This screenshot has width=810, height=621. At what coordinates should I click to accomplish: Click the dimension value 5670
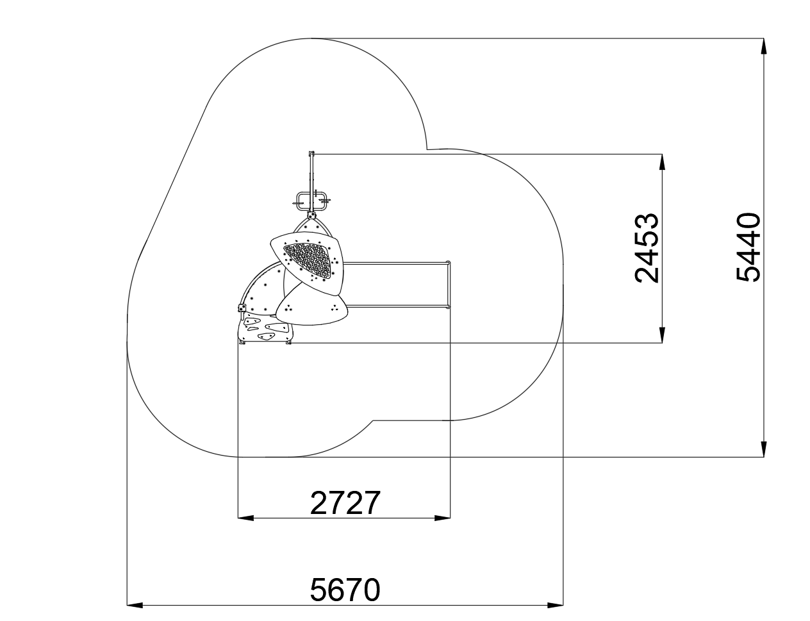[345, 590]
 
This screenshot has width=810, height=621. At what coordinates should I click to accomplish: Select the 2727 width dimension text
[345, 503]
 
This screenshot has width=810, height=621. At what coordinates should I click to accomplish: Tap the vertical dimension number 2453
[646, 248]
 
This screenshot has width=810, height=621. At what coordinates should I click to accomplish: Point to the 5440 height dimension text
[748, 247]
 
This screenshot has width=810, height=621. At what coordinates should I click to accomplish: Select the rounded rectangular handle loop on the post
[311, 201]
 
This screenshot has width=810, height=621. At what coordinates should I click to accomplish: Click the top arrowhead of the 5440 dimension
[763, 46]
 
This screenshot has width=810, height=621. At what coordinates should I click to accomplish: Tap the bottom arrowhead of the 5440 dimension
[763, 449]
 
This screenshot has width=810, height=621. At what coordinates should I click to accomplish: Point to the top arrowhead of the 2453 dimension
[661, 161]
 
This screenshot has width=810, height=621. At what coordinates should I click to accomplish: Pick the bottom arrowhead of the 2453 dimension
[661, 335]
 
